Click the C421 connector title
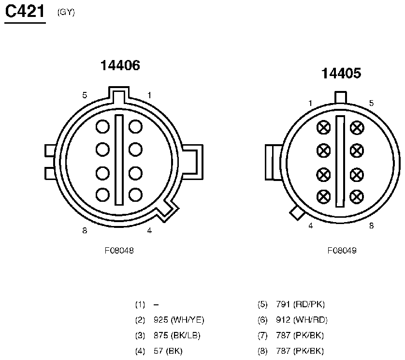(25, 12)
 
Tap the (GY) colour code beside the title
(66, 12)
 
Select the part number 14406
(120, 65)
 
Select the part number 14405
(341, 73)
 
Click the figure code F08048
(119, 250)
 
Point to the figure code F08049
(342, 250)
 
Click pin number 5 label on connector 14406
(85, 95)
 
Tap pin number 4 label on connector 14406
(149, 230)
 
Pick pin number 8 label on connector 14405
(372, 226)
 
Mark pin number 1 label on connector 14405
(310, 103)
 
